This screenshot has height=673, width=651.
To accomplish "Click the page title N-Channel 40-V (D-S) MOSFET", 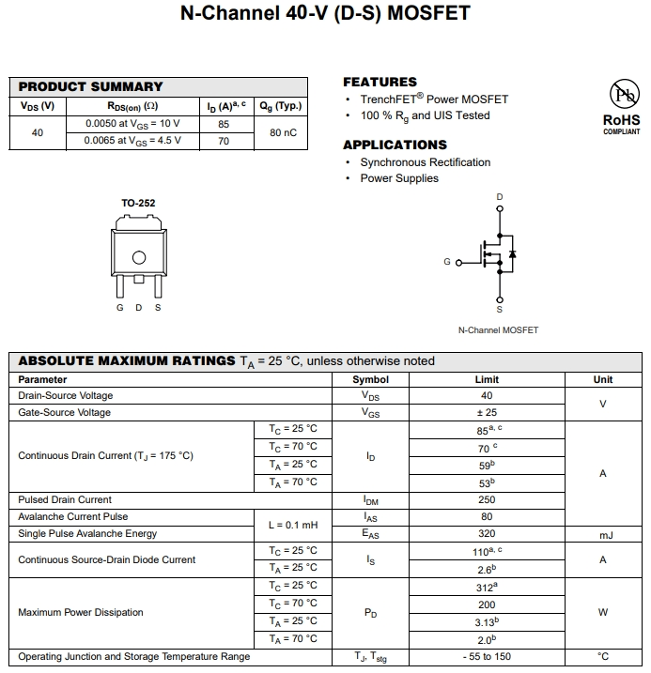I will (325, 14).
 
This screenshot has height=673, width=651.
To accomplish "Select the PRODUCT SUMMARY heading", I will (90, 86).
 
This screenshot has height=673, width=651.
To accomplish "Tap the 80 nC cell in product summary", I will (283, 132).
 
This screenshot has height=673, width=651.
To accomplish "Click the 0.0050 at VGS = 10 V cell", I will (132, 124).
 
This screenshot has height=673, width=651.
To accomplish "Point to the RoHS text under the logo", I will (621, 120).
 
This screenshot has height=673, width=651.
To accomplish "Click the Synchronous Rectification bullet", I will (425, 162).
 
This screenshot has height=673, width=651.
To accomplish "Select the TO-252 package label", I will (138, 203).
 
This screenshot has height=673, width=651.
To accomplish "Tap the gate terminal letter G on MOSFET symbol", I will (447, 262).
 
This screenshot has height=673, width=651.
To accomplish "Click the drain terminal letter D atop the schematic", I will (499, 197).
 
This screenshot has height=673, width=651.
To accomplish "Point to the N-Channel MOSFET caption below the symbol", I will (498, 330).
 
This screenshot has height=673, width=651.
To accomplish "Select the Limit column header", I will (487, 379).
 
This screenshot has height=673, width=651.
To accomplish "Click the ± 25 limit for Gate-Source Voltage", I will (487, 413).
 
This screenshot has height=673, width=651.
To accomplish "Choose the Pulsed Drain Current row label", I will (65, 500).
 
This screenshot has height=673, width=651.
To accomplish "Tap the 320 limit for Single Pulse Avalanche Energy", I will (487, 534).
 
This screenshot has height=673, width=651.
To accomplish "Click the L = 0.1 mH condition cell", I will (293, 526).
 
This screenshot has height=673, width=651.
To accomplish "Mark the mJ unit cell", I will (603, 535).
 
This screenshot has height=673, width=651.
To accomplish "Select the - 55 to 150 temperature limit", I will (487, 657).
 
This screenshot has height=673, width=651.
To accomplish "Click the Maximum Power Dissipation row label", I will (81, 613).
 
